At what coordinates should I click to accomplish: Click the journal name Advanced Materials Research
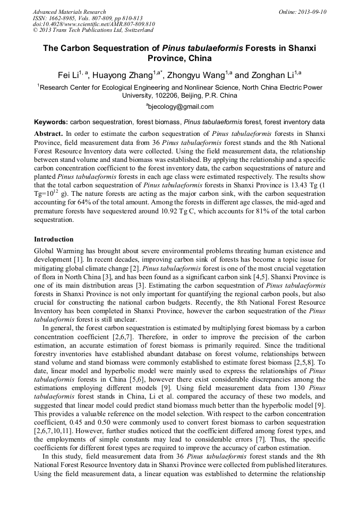69,12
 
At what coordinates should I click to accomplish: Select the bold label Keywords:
51,122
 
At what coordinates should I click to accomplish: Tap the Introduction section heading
54,239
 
